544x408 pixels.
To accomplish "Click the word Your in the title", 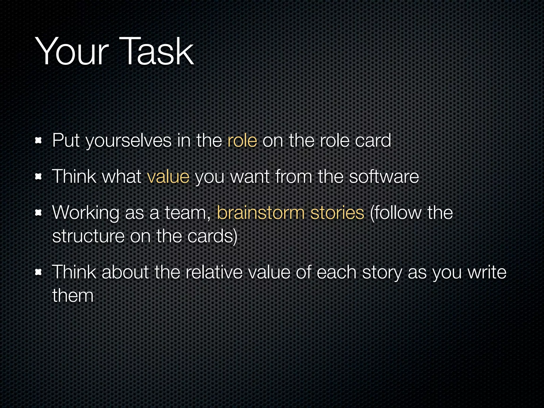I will point(72,52).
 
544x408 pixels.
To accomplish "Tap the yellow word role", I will point(242,141).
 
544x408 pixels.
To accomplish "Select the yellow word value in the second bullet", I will point(168,177).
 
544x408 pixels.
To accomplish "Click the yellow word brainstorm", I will point(261,213).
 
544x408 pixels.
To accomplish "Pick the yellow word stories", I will point(337,213).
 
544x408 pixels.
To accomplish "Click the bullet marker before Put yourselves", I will point(39,141).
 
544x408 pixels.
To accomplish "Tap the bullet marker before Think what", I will point(39,177).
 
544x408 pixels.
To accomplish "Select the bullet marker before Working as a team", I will point(39,213).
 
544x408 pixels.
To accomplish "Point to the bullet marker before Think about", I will point(39,272).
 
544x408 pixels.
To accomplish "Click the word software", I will point(384,177).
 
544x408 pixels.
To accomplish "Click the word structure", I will point(88,236).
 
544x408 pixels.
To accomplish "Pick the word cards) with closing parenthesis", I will point(212,236).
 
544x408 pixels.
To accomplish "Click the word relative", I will point(214,272).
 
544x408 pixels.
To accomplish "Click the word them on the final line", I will point(73,295).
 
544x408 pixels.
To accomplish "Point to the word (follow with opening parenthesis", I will point(395,213).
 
